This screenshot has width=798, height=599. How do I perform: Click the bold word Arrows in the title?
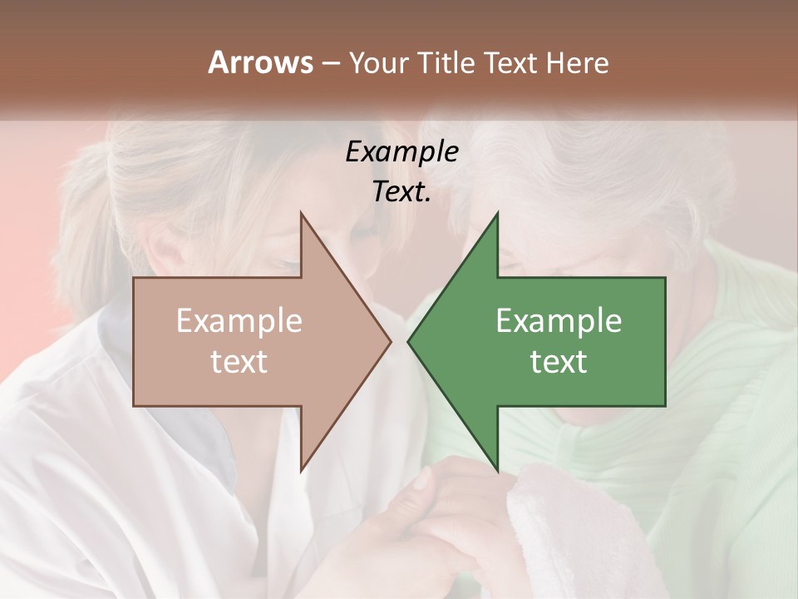[260, 62]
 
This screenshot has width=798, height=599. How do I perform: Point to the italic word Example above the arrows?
[402, 151]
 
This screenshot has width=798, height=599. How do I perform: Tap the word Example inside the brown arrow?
[239, 321]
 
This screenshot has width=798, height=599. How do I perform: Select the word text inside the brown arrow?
[239, 361]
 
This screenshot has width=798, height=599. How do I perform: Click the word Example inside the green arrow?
[559, 321]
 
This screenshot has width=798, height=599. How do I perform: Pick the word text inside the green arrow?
[559, 361]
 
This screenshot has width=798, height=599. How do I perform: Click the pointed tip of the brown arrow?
[391, 341]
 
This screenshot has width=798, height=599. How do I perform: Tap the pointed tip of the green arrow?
[408, 341]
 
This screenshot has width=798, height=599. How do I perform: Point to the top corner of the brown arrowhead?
[301, 213]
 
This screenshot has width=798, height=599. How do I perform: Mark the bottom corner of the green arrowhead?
[497, 471]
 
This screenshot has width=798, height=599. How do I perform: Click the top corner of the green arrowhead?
[497, 213]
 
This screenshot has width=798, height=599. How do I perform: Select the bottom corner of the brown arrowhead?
[301, 471]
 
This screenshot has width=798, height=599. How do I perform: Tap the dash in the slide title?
[330, 64]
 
